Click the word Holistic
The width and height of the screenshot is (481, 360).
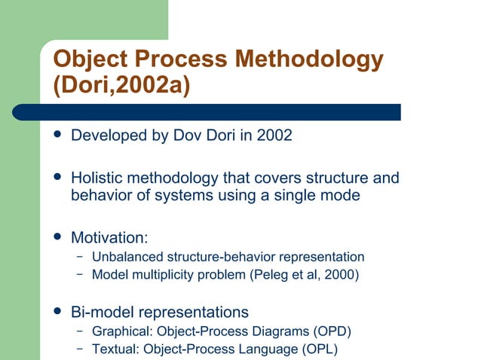point(97,179)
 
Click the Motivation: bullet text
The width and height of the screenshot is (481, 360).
point(109,238)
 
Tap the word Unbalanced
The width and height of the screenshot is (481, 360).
point(124,257)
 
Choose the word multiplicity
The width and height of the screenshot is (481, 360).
point(161,274)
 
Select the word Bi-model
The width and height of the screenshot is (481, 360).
point(101,312)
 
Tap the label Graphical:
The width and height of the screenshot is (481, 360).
point(117,331)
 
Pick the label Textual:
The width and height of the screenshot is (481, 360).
point(114,349)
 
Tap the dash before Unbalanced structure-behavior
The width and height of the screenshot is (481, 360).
point(79,257)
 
